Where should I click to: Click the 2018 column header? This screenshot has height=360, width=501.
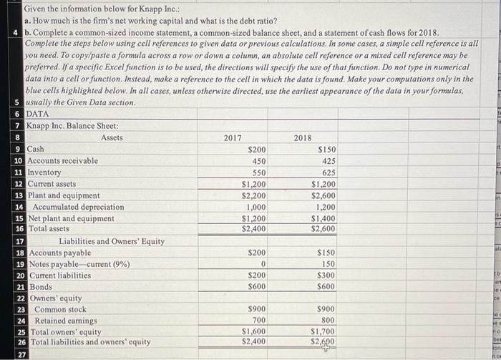click(303, 137)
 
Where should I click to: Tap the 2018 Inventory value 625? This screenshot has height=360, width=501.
click(329, 172)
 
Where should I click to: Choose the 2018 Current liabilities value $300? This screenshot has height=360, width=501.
click(326, 276)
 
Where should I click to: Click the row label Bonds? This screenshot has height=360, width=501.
click(38, 287)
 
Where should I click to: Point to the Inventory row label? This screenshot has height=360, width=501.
click(44, 172)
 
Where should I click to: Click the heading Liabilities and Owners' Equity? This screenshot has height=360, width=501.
click(111, 241)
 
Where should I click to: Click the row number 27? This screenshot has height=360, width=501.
click(19, 354)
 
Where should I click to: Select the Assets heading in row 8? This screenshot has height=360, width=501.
click(112, 137)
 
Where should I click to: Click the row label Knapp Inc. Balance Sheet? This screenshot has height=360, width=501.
click(72, 126)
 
